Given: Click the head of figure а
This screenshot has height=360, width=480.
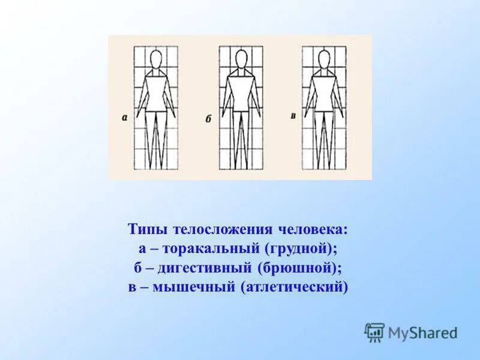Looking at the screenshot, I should point(156,61).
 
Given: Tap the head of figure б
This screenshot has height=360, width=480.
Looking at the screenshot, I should point(241,60).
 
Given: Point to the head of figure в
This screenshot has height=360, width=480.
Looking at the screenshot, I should point(324,60).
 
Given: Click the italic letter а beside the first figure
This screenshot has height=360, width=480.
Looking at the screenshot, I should point(124,118).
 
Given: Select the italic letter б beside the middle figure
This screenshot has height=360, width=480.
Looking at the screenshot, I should point(209,119).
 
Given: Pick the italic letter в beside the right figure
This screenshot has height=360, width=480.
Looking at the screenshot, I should point(293,115).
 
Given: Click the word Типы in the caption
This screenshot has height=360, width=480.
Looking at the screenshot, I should point(148,229).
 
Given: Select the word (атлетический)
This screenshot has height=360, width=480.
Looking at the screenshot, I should point(294,287).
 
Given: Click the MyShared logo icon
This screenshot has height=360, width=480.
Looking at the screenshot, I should point(374,332).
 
